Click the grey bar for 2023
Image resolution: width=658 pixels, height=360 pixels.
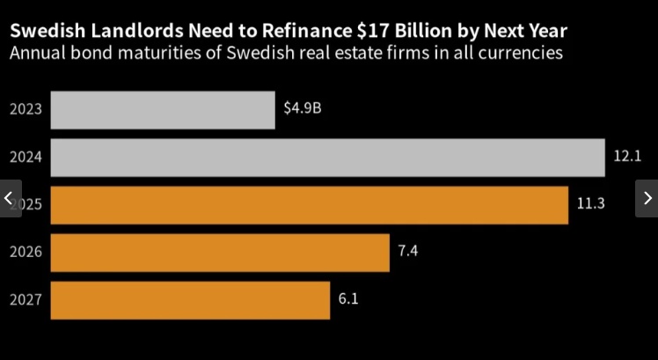click(x=163, y=110)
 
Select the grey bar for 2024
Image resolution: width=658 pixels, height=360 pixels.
click(x=327, y=158)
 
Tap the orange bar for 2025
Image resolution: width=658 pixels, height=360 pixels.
click(x=309, y=205)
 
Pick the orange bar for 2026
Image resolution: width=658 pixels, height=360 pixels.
click(x=220, y=253)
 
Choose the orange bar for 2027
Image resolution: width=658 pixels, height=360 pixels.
click(x=190, y=300)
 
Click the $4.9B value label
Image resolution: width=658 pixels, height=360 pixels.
click(x=303, y=110)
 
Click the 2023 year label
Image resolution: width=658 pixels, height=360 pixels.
click(x=26, y=110)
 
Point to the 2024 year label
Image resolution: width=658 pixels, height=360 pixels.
click(x=26, y=158)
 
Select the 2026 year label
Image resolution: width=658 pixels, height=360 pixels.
click(x=26, y=253)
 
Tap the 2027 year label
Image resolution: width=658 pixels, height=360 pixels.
click(x=26, y=300)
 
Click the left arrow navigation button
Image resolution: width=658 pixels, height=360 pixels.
click(x=10, y=198)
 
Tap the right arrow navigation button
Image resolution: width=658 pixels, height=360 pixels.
click(x=647, y=198)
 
